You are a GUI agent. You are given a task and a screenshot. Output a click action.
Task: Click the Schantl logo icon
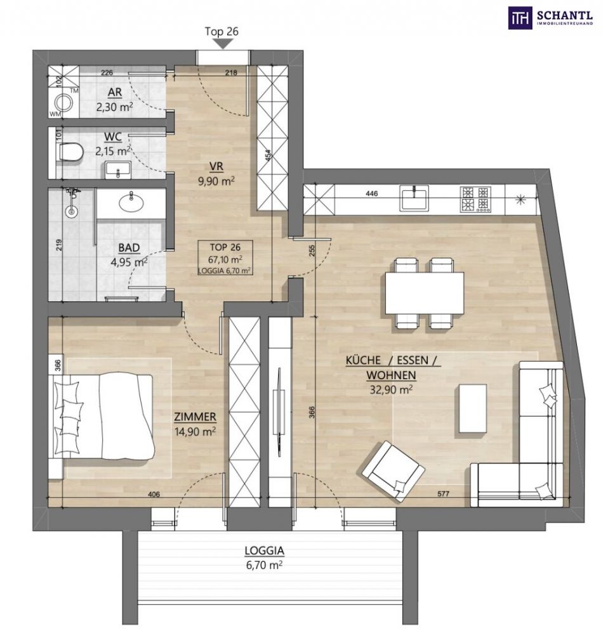(x=520, y=18)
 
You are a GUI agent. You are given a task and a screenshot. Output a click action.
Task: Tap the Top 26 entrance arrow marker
(x=222, y=44)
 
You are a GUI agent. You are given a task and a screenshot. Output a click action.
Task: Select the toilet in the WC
(x=70, y=152)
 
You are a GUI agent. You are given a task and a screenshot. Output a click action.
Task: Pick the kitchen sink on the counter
(x=414, y=198)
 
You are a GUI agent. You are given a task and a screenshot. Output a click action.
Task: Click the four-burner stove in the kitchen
(x=475, y=199)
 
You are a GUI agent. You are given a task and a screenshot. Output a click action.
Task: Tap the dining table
(x=424, y=293)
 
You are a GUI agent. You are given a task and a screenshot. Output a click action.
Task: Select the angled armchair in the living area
(x=394, y=471)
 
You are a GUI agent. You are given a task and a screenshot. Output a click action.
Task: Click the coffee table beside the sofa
(x=473, y=408)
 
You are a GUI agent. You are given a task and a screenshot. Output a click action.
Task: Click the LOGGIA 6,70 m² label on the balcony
(x=264, y=557)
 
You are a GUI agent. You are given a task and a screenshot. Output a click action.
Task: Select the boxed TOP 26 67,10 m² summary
(x=225, y=257)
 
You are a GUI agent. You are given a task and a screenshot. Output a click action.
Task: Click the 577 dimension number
(x=444, y=494)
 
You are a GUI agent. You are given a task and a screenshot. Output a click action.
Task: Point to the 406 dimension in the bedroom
(x=154, y=495)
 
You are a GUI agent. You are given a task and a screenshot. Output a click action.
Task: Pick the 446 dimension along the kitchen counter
(x=372, y=193)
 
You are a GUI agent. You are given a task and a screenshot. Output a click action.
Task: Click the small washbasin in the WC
(x=118, y=170)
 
